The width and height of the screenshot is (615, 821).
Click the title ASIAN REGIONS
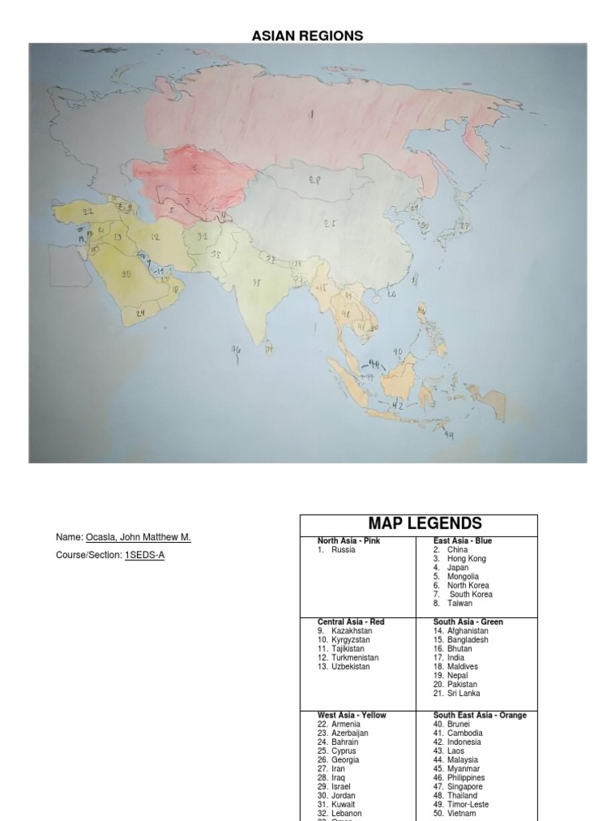pyautogui.click(x=307, y=35)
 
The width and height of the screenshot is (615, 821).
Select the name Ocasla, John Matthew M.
pyautogui.click(x=138, y=537)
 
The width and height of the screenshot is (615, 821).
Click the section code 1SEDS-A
pyautogui.click(x=144, y=555)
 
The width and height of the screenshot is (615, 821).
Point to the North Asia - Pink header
pyautogui.click(x=349, y=541)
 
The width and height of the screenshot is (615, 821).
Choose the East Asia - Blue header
pyautogui.click(x=463, y=541)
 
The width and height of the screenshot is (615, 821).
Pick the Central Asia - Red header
pyautogui.click(x=351, y=622)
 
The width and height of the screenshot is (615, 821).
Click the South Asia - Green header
pyautogui.click(x=468, y=622)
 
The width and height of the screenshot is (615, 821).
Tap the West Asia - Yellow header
pyautogui.click(x=352, y=715)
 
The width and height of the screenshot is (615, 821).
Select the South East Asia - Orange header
pyautogui.click(x=480, y=715)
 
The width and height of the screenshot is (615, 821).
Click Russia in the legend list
pyautogui.click(x=343, y=550)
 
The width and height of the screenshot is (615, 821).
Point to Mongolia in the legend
pyautogui.click(x=463, y=576)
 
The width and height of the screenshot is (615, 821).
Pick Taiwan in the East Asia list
pyautogui.click(x=460, y=603)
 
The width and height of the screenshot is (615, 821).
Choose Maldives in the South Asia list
pyautogui.click(x=462, y=666)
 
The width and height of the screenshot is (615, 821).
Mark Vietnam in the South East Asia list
pyautogui.click(x=461, y=813)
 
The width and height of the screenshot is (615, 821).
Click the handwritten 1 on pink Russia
pyautogui.click(x=311, y=114)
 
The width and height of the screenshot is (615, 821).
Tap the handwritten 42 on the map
pyautogui.click(x=397, y=406)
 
